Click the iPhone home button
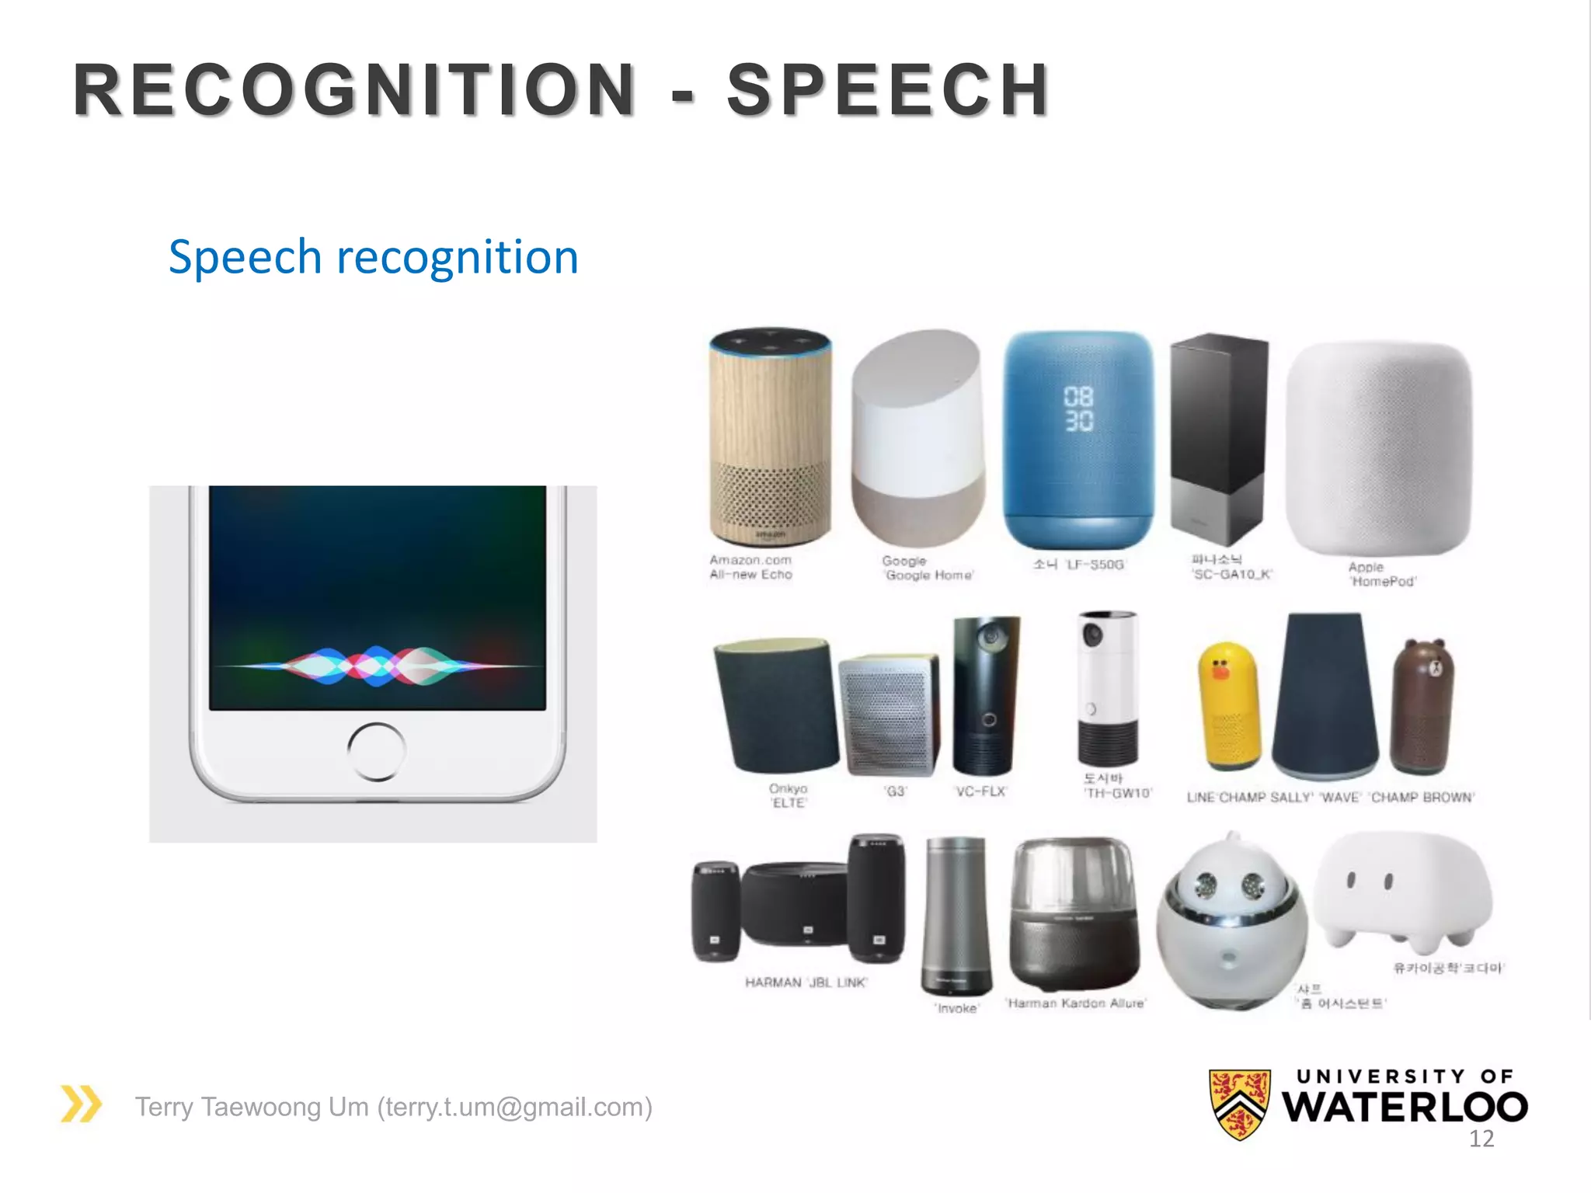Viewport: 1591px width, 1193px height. click(376, 751)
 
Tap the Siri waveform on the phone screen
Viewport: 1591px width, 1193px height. click(376, 666)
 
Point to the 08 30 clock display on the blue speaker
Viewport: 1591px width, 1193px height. click(1078, 409)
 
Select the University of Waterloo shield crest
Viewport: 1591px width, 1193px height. click(1240, 1104)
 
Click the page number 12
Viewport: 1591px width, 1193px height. click(1481, 1139)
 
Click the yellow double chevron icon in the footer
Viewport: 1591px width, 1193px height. click(81, 1104)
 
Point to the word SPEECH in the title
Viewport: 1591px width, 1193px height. click(888, 90)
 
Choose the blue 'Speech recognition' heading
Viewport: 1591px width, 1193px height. click(374, 257)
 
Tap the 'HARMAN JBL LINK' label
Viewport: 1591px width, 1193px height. click(806, 983)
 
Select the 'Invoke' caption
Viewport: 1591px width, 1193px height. click(956, 1008)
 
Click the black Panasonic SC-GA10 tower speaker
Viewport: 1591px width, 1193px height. click(1218, 439)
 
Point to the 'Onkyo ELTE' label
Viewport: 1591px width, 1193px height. click(788, 795)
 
